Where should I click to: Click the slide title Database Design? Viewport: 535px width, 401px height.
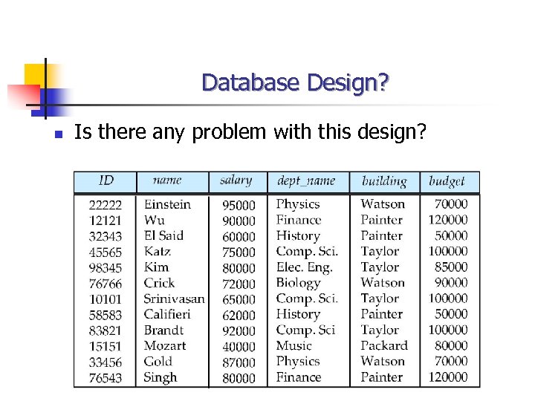coord(294,82)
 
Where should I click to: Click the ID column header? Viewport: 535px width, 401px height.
coord(106,180)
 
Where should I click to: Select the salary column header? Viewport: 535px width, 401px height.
coord(236,180)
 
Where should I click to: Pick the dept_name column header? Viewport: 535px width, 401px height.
coord(306,180)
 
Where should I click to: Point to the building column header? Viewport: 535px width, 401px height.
coord(383,180)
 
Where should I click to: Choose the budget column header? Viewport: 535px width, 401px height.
coord(447,180)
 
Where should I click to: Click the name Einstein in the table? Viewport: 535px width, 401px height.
coord(167,204)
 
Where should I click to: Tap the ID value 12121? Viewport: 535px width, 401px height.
coord(106,221)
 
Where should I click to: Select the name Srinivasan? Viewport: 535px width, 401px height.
coord(174,299)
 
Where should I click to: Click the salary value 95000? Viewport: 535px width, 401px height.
coord(239,205)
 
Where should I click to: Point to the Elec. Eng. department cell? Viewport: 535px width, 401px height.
coord(304,267)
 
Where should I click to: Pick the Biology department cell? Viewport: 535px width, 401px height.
coord(298,283)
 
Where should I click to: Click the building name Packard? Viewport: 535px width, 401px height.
coord(384,345)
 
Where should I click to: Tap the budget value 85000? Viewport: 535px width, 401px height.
coord(451,267)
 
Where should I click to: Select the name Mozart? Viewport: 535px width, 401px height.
coord(165,345)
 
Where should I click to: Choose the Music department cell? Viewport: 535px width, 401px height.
coord(294,345)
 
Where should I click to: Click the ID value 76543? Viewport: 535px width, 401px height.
coord(106,377)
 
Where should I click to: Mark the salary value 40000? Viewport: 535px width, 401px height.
coord(239,346)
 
